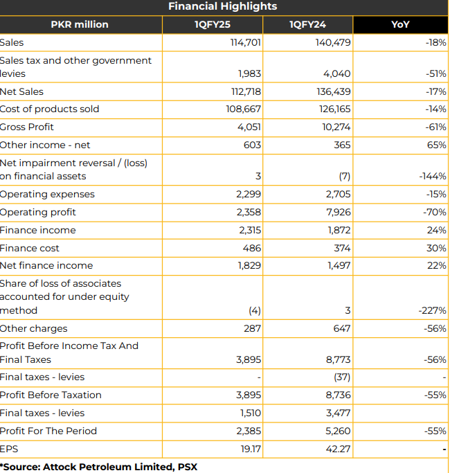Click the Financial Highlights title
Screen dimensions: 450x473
pos(223,6)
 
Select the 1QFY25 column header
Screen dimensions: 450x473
pos(213,24)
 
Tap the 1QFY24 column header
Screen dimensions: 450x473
pos(307,24)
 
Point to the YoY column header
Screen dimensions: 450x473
pos(400,24)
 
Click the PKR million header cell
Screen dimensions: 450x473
pos(80,24)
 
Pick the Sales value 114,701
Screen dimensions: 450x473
pos(246,42)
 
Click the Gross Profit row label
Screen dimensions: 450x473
pos(26,127)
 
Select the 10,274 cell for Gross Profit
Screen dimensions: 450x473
pos(336,127)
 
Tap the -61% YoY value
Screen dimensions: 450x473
pos(436,127)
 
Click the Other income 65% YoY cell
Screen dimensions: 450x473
pos(436,145)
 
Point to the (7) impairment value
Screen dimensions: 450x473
pos(345,176)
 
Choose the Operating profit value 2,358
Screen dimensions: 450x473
pos(249,213)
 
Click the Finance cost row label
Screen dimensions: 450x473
pos(29,248)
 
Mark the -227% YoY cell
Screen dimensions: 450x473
pos(433,310)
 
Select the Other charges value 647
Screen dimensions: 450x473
pos(342,328)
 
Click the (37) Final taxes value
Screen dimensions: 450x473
pos(342,377)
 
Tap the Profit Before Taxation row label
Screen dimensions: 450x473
pos(51,395)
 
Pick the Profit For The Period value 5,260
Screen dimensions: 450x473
pos(338,431)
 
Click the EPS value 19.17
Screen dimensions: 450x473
pos(251,449)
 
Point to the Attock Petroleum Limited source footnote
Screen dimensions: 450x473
pos(98,467)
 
